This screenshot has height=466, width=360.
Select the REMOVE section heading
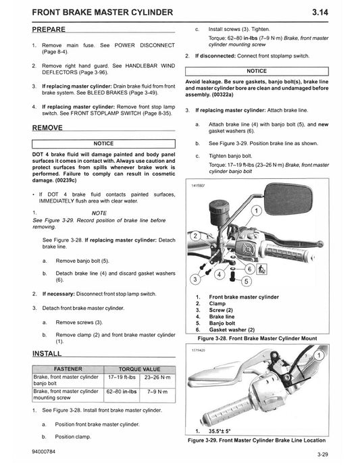coord(47,127)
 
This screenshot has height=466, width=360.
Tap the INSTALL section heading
coord(47,353)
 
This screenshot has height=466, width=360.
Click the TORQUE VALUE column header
coord(138,369)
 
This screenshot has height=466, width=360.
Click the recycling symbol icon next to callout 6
coord(261,271)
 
